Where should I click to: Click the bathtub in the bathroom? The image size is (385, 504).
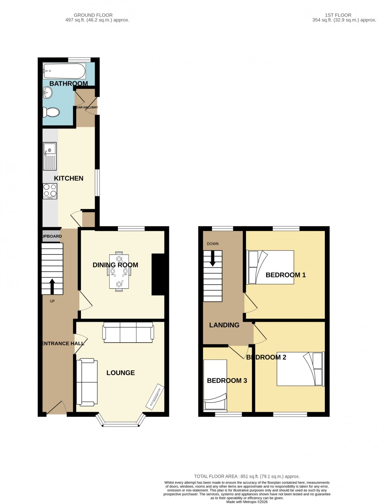pyautogui.click(x=64, y=71)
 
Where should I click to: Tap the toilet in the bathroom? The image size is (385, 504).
pyautogui.click(x=51, y=112)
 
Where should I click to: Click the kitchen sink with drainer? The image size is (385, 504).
pyautogui.click(x=50, y=156)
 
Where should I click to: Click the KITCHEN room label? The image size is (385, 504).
pyautogui.click(x=69, y=178)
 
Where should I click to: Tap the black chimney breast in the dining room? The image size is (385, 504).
pyautogui.click(x=158, y=274)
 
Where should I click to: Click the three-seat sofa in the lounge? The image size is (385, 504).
pyautogui.click(x=128, y=331)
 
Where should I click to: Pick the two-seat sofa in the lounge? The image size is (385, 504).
pyautogui.click(x=87, y=382)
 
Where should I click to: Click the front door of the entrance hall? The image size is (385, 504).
pyautogui.click(x=57, y=409)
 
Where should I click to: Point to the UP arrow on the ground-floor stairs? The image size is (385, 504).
pyautogui.click(x=52, y=286)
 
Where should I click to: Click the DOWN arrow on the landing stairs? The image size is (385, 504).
pyautogui.click(x=213, y=258)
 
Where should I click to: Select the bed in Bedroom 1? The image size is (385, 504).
pyautogui.click(x=270, y=267)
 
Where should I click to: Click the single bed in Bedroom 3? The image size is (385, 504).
pyautogui.click(x=215, y=385)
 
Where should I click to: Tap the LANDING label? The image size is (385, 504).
pyautogui.click(x=224, y=325)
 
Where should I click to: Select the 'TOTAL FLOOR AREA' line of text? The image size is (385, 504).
pyautogui.click(x=247, y=476)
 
